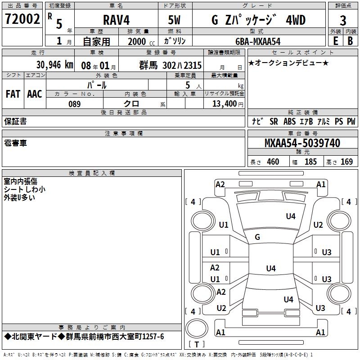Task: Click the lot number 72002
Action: tap(22, 19)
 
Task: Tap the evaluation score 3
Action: tap(343, 21)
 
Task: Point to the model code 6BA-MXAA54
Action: tap(258, 41)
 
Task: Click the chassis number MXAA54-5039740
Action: tap(302, 144)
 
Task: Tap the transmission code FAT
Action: tap(13, 94)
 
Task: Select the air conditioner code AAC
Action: tap(35, 94)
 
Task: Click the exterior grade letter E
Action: tap(335, 41)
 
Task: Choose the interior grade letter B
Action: tap(350, 41)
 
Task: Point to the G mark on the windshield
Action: tap(257, 237)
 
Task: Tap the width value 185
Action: tap(310, 162)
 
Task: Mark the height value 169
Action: tap(346, 162)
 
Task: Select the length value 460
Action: tap(273, 162)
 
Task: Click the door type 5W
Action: tap(175, 21)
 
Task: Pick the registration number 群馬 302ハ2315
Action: tap(171, 65)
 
